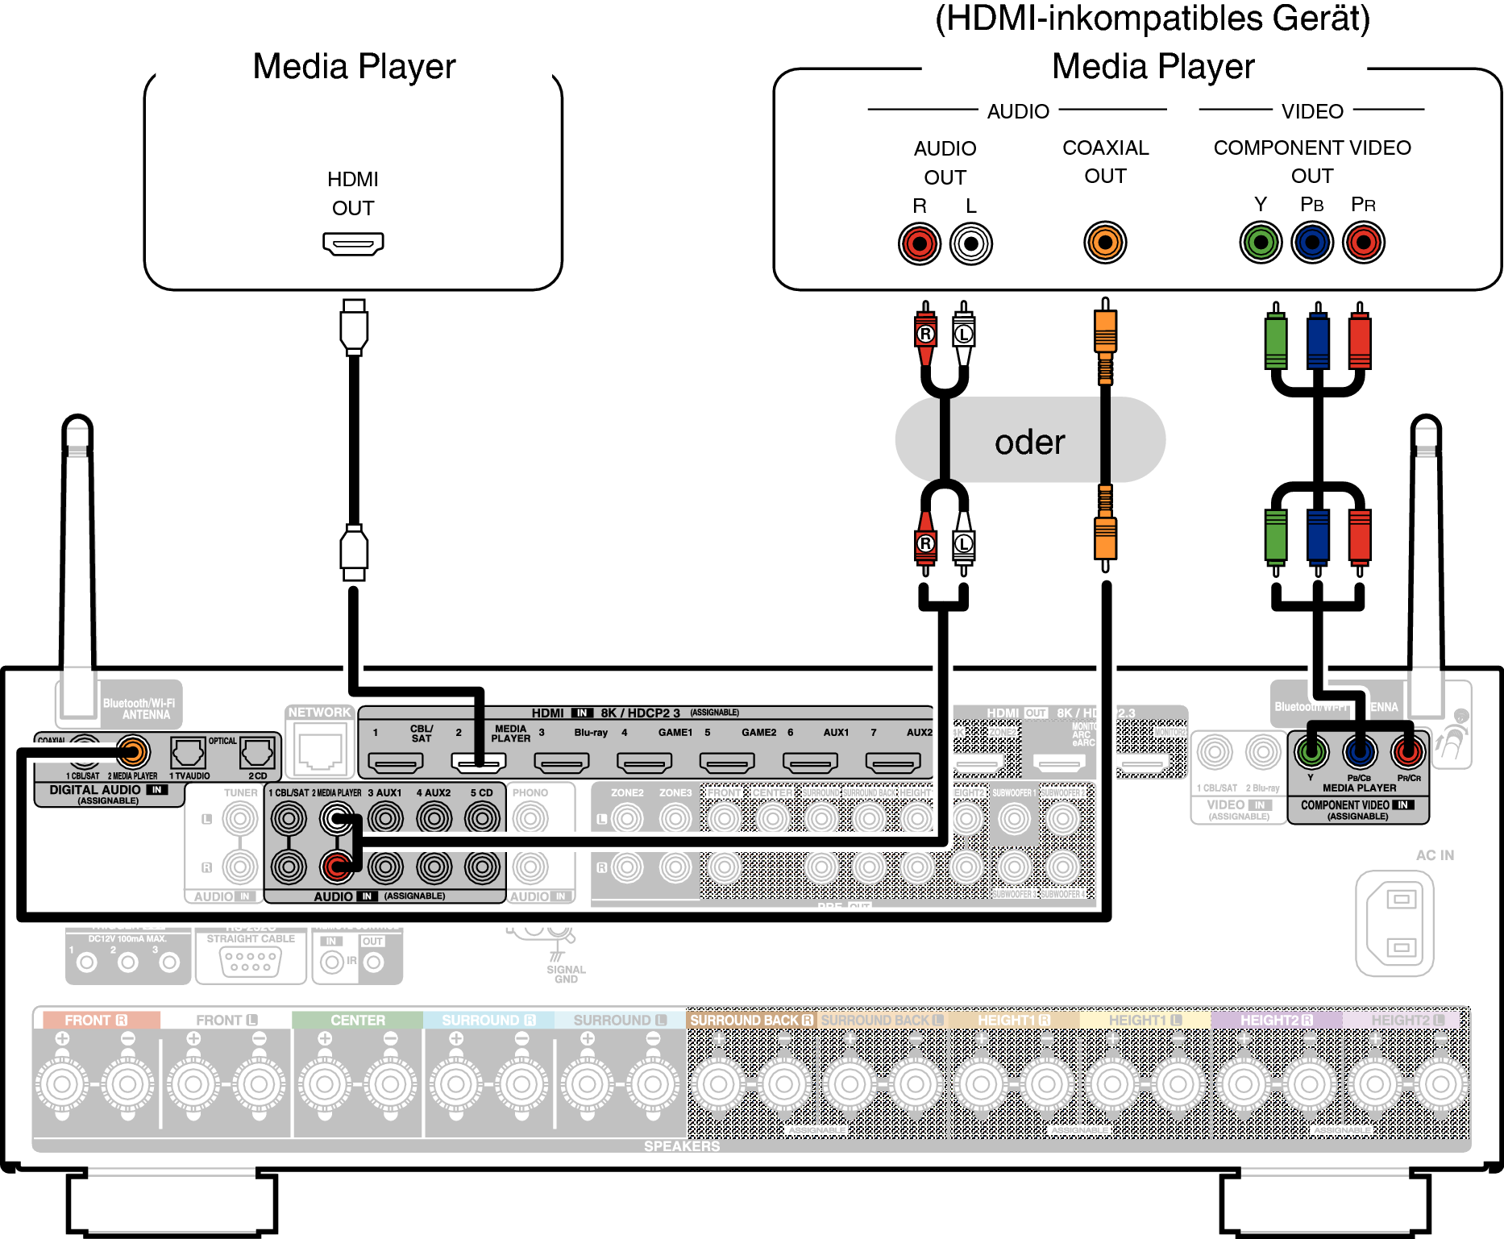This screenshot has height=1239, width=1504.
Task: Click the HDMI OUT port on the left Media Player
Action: (353, 243)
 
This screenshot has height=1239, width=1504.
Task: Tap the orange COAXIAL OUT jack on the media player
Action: (1105, 242)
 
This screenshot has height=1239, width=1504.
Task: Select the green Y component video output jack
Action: (1261, 242)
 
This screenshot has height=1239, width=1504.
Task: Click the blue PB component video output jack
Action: (1312, 242)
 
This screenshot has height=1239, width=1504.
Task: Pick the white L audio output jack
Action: (971, 243)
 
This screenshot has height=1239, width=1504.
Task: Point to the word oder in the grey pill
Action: (1029, 442)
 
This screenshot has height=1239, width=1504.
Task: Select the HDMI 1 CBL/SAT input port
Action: (395, 762)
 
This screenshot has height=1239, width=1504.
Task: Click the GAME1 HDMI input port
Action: (644, 762)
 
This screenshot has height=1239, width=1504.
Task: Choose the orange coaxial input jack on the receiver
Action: (133, 752)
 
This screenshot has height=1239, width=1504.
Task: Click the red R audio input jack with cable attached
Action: (337, 867)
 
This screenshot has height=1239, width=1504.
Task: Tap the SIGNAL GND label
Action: (566, 974)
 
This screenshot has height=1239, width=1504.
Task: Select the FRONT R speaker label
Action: (96, 1020)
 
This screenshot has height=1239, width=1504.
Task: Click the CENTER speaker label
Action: (358, 1020)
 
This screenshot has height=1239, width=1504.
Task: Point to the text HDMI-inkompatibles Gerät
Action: (1153, 19)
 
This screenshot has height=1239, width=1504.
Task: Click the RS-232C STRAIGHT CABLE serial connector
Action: (251, 962)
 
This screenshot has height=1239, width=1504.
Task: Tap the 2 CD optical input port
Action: (257, 753)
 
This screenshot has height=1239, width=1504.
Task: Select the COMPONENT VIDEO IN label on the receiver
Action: (1357, 805)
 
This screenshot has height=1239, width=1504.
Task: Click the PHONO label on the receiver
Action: (530, 792)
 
